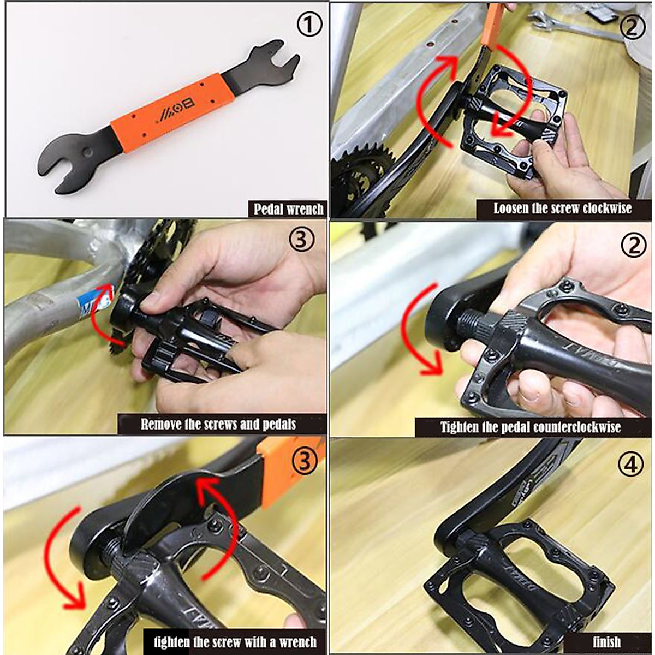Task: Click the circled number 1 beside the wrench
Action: pos(309,26)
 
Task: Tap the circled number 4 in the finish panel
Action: pos(632,465)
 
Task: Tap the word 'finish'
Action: pos(606,642)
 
